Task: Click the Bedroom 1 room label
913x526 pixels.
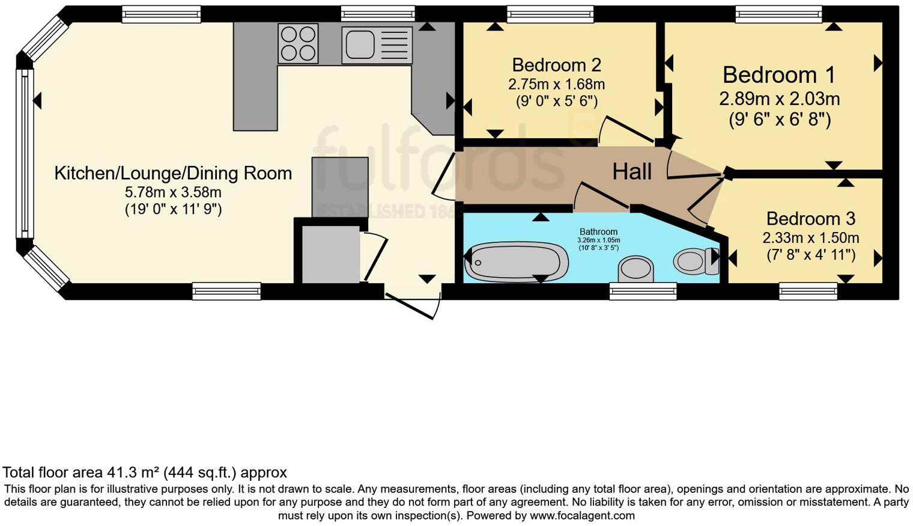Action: click(779, 75)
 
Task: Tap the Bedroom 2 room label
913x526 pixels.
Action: click(556, 65)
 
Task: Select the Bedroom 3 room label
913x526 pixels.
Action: click(810, 218)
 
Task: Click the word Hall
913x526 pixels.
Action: click(632, 172)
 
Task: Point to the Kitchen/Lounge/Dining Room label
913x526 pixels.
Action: click(173, 173)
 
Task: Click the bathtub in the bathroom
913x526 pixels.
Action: click(517, 261)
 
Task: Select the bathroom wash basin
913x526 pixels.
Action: click(636, 269)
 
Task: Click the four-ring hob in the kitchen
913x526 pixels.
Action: click(298, 43)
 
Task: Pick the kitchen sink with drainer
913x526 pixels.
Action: click(377, 45)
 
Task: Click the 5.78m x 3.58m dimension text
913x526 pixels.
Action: click(173, 192)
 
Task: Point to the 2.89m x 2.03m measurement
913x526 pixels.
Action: click(779, 99)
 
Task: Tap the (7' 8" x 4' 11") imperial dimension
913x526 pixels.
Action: click(810, 255)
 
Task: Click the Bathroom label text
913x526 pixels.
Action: click(598, 231)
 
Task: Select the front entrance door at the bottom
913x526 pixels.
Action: click(413, 305)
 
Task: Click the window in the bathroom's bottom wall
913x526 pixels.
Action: click(643, 292)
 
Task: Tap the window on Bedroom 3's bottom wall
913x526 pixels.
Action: click(808, 291)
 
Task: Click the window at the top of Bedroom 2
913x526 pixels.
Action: click(550, 14)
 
